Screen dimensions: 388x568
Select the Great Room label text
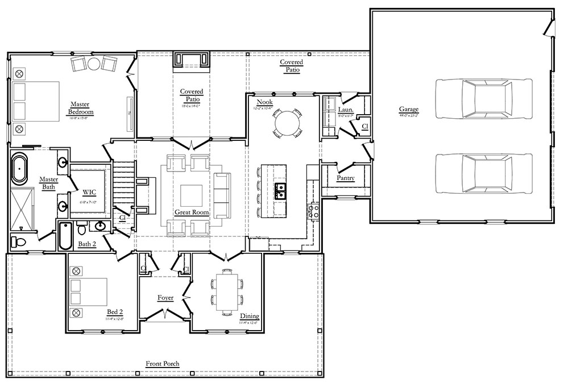click(x=192, y=212)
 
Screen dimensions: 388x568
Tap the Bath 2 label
click(x=87, y=244)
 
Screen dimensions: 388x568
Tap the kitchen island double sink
click(x=280, y=191)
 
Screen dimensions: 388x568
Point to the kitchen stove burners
click(x=312, y=212)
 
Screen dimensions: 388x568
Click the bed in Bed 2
click(x=89, y=293)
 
